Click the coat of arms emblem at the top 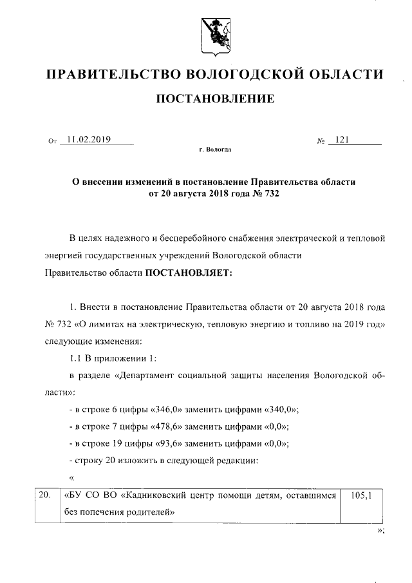pyautogui.click(x=214, y=36)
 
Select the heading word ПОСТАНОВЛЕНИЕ pyautogui.click(x=215, y=99)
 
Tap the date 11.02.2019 pyautogui.click(x=89, y=139)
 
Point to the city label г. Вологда pyautogui.click(x=215, y=149)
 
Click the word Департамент pyautogui.click(x=149, y=375)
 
